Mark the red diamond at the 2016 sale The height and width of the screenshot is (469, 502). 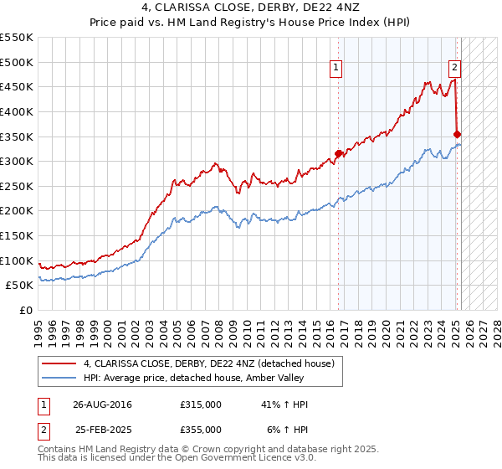(x=339, y=153)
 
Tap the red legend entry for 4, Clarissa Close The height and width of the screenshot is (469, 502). (x=209, y=363)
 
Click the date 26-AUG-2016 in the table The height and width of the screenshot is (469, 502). (x=102, y=405)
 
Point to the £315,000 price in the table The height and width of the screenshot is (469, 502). (x=201, y=405)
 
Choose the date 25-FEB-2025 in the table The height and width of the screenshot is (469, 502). (x=102, y=430)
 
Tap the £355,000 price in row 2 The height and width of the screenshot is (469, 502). (x=201, y=430)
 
